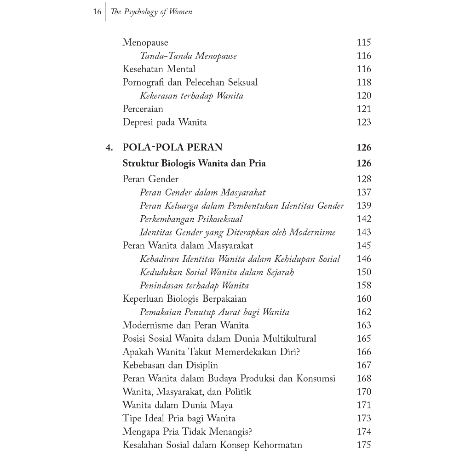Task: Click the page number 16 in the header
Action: [97, 12]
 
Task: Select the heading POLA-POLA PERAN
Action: [172, 148]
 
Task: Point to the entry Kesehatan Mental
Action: [159, 69]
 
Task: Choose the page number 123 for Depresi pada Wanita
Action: [363, 122]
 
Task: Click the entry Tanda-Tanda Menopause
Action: [189, 56]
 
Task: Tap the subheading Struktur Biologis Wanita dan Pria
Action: [194, 163]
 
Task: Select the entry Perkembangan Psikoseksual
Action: [191, 219]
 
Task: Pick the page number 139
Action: [363, 206]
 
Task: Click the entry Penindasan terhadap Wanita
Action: [194, 286]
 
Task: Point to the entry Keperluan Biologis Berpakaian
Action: [184, 299]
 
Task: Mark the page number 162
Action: [363, 312]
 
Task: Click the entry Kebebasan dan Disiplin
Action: [170, 365]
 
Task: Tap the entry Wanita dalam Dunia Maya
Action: [178, 405]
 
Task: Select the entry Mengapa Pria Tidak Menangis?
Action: [189, 432]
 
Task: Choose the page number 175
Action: [363, 445]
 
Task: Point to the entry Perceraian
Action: [143, 109]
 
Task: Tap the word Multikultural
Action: [289, 339]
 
